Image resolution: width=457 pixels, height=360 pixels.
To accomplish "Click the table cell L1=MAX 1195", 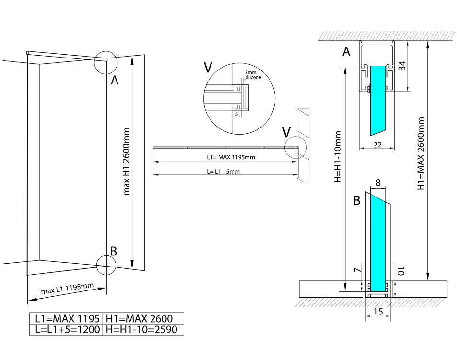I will (x=66, y=318).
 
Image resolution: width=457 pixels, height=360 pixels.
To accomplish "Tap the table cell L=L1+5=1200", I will (x=66, y=329).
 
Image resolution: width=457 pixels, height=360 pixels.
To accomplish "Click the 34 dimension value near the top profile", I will (x=403, y=66).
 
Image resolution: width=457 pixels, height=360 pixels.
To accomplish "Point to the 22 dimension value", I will (x=377, y=144).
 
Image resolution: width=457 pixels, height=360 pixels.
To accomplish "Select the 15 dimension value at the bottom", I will (x=378, y=312).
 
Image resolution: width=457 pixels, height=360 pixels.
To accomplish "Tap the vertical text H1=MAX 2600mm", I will (x=422, y=153).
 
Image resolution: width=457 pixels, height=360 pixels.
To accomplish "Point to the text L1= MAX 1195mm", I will (x=228, y=157).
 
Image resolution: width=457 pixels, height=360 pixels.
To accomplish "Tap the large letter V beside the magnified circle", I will (x=208, y=67).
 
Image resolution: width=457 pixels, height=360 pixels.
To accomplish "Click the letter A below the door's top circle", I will (x=114, y=81).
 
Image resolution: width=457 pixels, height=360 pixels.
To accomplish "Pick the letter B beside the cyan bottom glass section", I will (x=356, y=201).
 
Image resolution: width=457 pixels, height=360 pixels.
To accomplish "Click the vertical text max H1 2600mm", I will (x=127, y=161).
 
